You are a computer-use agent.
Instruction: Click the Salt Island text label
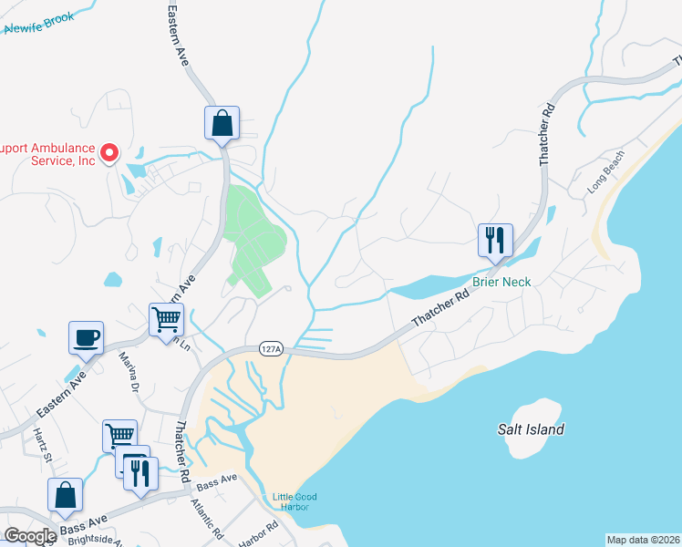tap(531, 429)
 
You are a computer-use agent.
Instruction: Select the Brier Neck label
tap(501, 282)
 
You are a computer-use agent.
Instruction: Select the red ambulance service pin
tap(109, 152)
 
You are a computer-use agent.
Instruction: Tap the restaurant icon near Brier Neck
tap(495, 241)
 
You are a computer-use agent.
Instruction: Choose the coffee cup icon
tap(86, 337)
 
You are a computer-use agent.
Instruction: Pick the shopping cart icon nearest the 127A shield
tap(167, 319)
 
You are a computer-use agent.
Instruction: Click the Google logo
tap(30, 536)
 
